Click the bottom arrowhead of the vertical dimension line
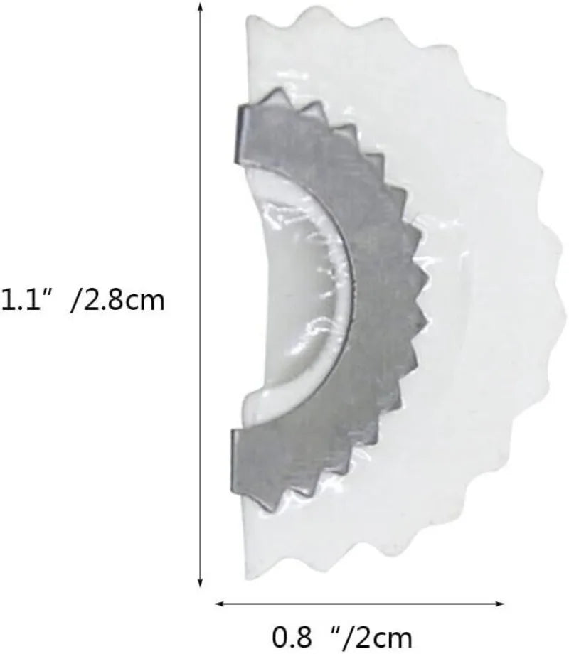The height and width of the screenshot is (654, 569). pos(201,581)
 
